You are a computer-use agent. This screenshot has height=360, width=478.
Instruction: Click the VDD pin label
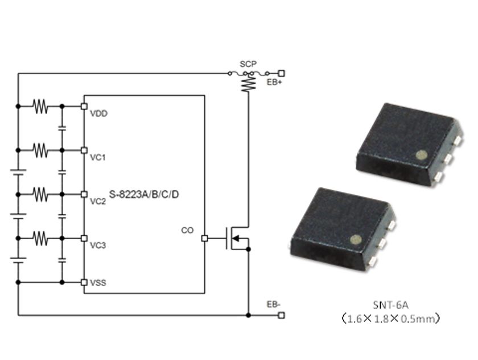pyautogui.click(x=98, y=113)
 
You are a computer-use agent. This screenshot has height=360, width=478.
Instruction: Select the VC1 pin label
pyautogui.click(x=98, y=157)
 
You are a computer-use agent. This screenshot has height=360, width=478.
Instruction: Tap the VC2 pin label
pyautogui.click(x=98, y=201)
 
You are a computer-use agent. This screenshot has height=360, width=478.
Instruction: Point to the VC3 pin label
pyautogui.click(x=98, y=245)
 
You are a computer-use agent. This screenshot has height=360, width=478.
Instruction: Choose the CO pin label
pyautogui.click(x=187, y=231)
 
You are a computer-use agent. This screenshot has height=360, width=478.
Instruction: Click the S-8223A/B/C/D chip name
pyautogui.click(x=144, y=195)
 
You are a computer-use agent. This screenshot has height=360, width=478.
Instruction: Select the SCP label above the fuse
pyautogui.click(x=248, y=64)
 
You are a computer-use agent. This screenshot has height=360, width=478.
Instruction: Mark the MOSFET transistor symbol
pyautogui.click(x=234, y=239)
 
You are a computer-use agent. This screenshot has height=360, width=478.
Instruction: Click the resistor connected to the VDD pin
pyautogui.click(x=40, y=106)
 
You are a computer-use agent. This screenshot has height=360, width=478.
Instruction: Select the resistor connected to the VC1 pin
pyautogui.click(x=40, y=150)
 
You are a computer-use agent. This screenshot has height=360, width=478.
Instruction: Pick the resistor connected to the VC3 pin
pyautogui.click(x=40, y=238)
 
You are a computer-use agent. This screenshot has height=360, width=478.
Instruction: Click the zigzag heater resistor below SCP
pyautogui.click(x=248, y=84)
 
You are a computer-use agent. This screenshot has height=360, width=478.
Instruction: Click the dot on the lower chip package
pyautogui.click(x=356, y=239)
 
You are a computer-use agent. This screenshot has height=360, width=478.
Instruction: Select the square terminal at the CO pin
pyautogui.click(x=204, y=239)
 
